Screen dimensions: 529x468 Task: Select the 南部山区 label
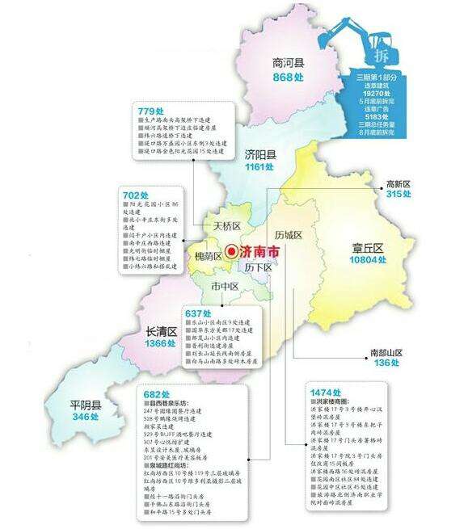pos(386,352)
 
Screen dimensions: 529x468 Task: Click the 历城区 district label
pos(288,235)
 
